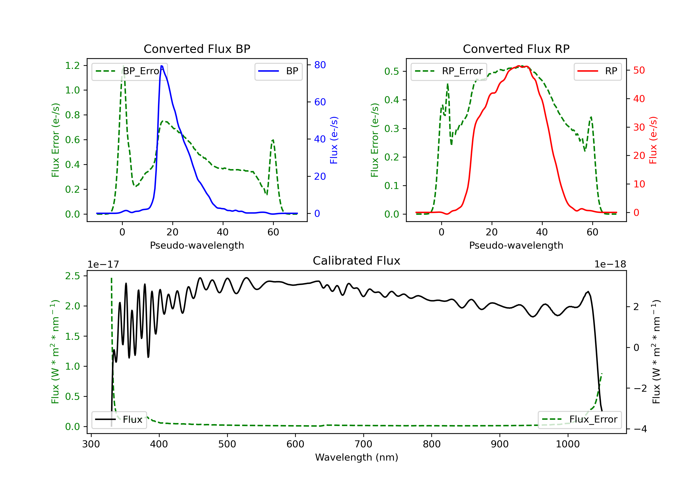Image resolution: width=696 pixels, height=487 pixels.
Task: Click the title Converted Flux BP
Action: (x=197, y=49)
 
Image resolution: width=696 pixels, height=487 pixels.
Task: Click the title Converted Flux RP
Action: (x=516, y=49)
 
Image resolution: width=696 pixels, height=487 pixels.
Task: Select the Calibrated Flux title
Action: (x=357, y=261)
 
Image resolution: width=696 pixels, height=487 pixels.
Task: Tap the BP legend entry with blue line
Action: (x=278, y=71)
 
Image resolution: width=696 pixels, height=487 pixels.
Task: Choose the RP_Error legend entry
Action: (x=449, y=71)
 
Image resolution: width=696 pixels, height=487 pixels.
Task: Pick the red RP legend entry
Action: (x=597, y=71)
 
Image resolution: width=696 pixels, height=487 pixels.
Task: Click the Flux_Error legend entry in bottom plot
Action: (x=580, y=420)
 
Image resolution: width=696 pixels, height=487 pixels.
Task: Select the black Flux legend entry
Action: (x=119, y=420)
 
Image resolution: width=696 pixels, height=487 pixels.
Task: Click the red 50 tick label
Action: (x=639, y=70)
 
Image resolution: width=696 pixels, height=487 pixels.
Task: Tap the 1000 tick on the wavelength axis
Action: (x=567, y=444)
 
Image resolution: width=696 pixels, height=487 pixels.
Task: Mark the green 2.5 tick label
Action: (x=72, y=276)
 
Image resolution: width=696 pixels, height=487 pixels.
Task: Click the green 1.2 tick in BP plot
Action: (x=72, y=65)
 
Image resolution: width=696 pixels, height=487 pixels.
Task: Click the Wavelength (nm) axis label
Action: (x=357, y=457)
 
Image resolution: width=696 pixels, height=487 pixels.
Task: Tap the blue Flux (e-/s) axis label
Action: (x=334, y=140)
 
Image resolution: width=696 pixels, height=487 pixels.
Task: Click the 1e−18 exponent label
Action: (x=610, y=264)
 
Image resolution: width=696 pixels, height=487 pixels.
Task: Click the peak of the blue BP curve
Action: (x=161, y=66)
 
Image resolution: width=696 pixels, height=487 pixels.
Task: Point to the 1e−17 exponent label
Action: (x=103, y=264)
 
